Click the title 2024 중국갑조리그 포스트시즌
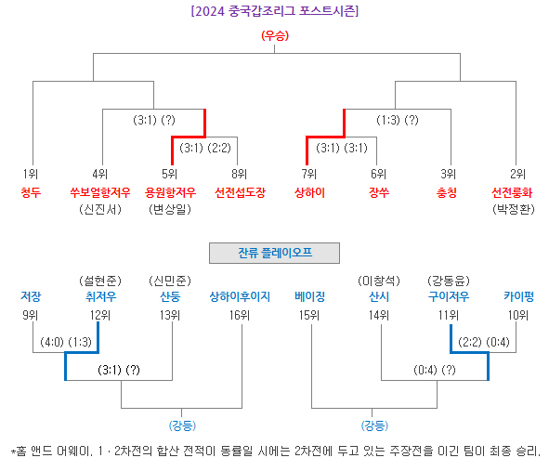pyautogui.click(x=275, y=11)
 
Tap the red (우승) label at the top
pyautogui.click(x=275, y=35)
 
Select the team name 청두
pyautogui.click(x=31, y=192)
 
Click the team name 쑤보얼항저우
pyautogui.click(x=100, y=192)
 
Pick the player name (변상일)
pyautogui.click(x=170, y=209)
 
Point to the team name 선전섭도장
pyautogui.click(x=240, y=192)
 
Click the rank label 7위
pyautogui.click(x=308, y=174)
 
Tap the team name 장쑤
pyautogui.click(x=379, y=192)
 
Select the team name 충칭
pyautogui.click(x=447, y=192)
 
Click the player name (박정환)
pyautogui.click(x=514, y=209)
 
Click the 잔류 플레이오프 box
pyautogui.click(x=275, y=253)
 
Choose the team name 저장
pyautogui.click(x=31, y=296)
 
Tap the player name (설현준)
pyautogui.click(x=100, y=281)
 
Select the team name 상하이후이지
pyautogui.click(x=240, y=296)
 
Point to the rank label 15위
pyautogui.click(x=308, y=315)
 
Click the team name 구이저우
pyautogui.click(x=449, y=296)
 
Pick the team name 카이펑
pyautogui.click(x=518, y=296)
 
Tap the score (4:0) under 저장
pyautogui.click(x=52, y=342)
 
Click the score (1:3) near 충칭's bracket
pyautogui.click(x=388, y=120)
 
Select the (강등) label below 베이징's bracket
pyautogui.click(x=374, y=425)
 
